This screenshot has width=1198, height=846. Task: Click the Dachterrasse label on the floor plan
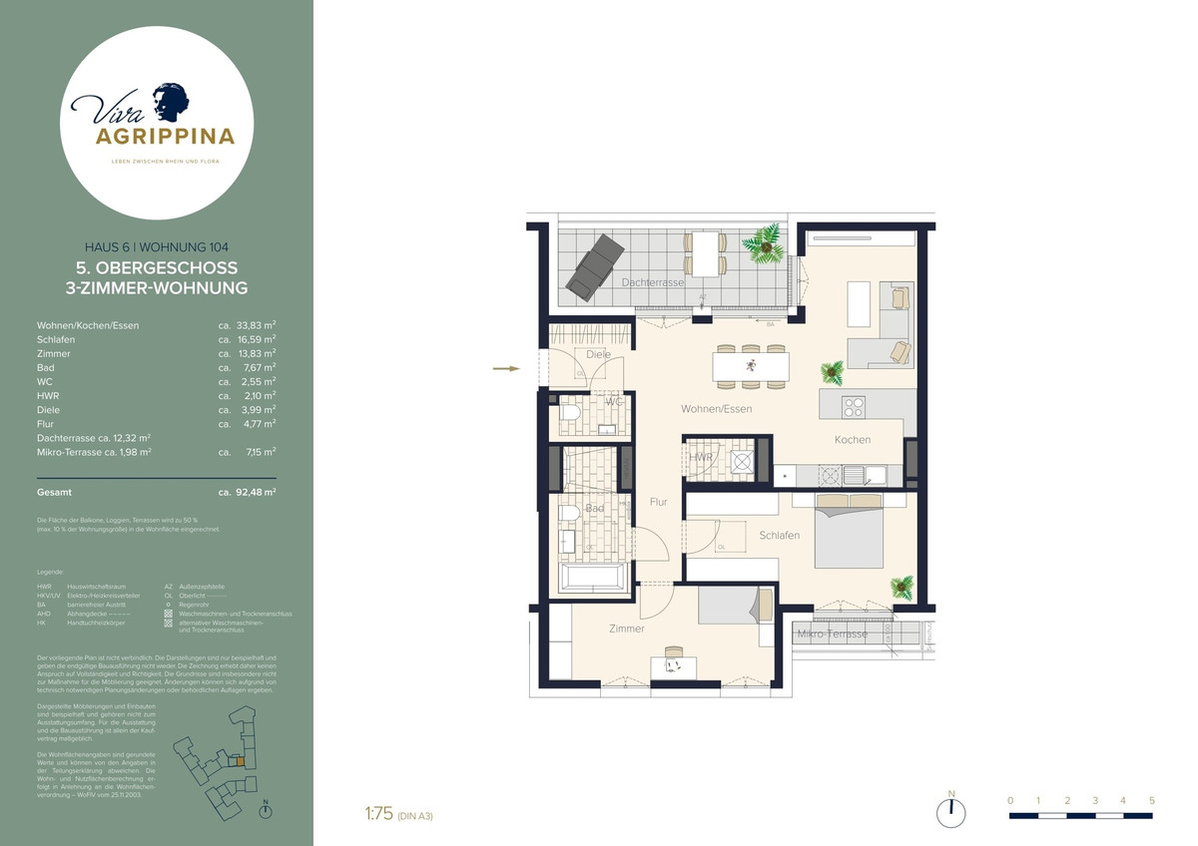tap(653, 282)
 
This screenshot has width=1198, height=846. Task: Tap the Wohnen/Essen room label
tap(716, 409)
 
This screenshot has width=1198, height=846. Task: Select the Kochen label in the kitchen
tap(853, 439)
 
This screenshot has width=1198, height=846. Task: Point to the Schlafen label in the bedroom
tap(779, 536)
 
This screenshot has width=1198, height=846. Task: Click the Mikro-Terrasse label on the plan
tap(832, 634)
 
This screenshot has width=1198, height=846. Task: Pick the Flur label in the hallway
tap(658, 502)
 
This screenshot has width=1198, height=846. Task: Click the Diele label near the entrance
tap(598, 354)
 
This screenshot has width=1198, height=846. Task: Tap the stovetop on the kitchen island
tap(854, 406)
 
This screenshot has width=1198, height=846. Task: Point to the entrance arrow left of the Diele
tap(507, 369)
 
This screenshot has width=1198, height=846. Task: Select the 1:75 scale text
tap(380, 814)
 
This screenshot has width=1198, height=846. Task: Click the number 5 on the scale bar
tap(1152, 800)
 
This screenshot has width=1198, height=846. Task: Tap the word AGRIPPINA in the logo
tap(165, 136)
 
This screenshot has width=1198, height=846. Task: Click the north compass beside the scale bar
tap(951, 812)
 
